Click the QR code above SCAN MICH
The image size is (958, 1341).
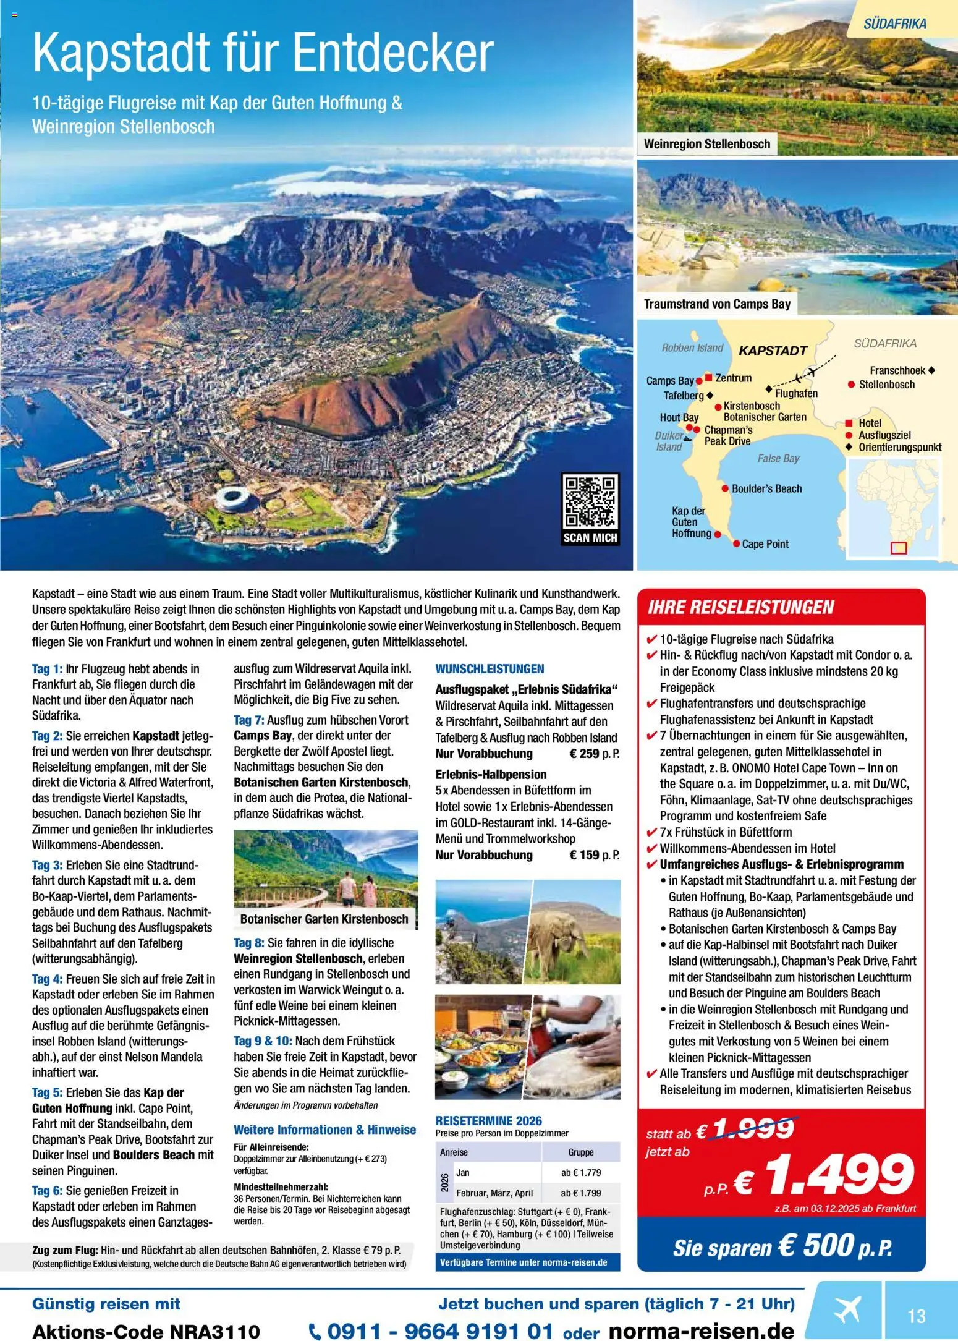(590, 501)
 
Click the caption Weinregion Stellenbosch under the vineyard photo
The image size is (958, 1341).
(707, 144)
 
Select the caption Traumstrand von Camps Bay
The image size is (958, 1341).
(717, 304)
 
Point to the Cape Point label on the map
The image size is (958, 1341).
(765, 544)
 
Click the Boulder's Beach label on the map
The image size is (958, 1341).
(766, 488)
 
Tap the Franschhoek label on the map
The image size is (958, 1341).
(897, 370)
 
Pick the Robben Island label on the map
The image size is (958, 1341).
(692, 347)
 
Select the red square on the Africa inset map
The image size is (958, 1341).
(898, 547)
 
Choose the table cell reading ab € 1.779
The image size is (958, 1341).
(580, 1172)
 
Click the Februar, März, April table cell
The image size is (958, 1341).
(494, 1193)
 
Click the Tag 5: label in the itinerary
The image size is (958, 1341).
(46, 1092)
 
